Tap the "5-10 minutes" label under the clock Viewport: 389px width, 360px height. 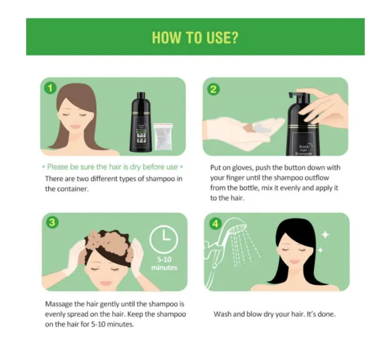(168, 263)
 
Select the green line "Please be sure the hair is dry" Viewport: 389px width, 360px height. (112, 167)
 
